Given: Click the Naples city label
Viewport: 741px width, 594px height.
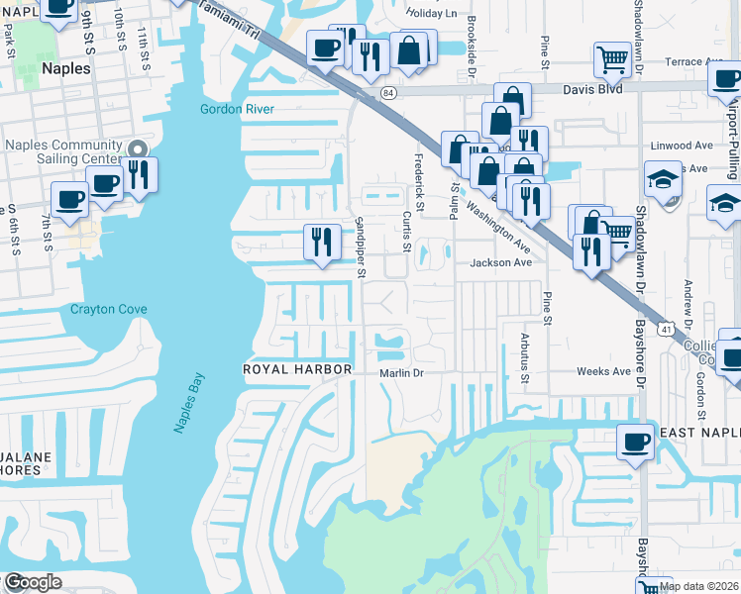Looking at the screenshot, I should (67, 70).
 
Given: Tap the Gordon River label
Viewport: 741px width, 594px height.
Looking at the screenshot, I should (236, 109).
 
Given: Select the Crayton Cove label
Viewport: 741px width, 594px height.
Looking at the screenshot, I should (108, 310).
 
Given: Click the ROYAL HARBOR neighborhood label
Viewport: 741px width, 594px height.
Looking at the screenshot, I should (297, 369).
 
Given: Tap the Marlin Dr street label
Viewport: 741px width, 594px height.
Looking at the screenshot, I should (401, 373).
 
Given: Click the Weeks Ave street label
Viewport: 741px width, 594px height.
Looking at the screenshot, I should (604, 371).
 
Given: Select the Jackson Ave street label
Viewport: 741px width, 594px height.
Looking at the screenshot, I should (501, 263).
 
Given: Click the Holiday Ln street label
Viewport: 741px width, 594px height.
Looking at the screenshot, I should (433, 14).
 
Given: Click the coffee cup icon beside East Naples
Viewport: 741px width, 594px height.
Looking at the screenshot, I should (634, 442).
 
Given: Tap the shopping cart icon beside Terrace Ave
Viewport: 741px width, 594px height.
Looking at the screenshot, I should (612, 59).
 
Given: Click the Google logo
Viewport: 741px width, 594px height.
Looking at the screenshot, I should (32, 583).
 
